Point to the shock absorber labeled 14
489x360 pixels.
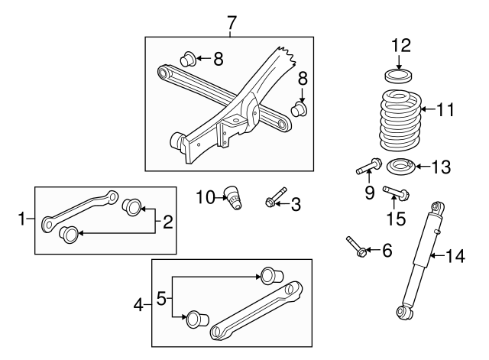click(x=423, y=260)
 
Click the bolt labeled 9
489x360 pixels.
click(x=369, y=164)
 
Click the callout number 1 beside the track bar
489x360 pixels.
click(x=22, y=220)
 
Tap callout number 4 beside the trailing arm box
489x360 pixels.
click(x=139, y=305)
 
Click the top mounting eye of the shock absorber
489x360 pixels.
click(x=439, y=208)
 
